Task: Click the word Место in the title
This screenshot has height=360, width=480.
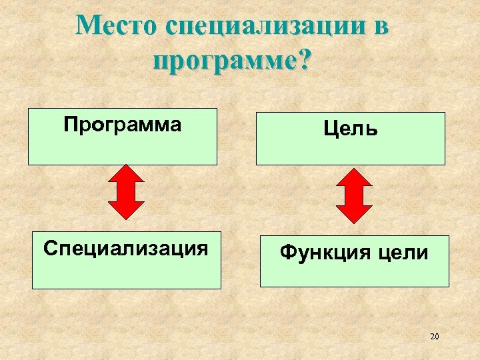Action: tap(115, 26)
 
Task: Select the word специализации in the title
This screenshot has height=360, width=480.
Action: tap(263, 27)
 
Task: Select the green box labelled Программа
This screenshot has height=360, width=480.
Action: tap(122, 137)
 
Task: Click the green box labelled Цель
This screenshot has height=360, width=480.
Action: tap(350, 139)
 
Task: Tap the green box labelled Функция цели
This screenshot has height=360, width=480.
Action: tap(354, 261)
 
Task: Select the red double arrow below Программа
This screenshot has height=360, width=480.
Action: tap(125, 192)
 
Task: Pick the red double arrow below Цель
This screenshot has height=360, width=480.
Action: tap(353, 195)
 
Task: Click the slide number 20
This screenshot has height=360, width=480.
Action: tap(434, 337)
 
